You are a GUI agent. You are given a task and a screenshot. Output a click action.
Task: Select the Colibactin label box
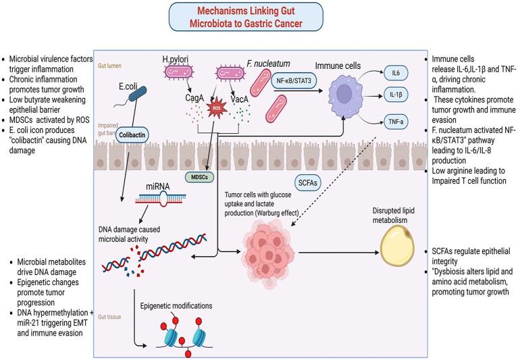pos(134,134)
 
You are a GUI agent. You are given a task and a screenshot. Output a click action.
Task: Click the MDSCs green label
pos(181,177)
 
